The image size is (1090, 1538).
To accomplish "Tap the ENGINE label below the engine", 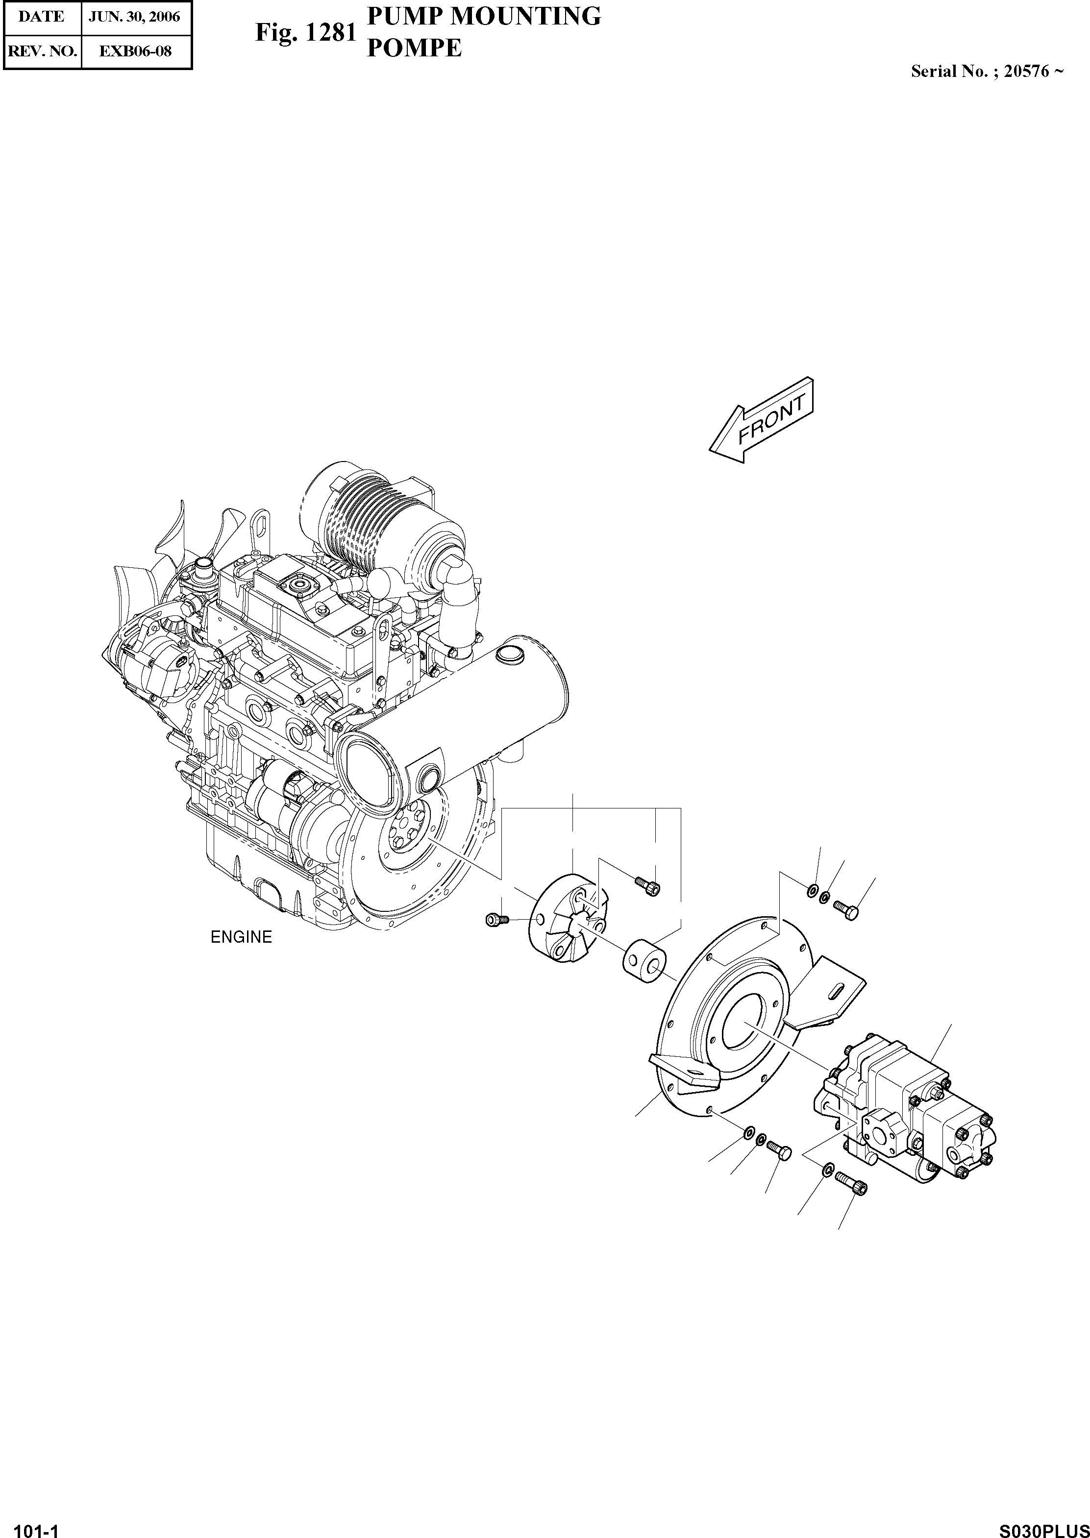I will (241, 937).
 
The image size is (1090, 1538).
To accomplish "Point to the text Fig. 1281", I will (305, 32).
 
